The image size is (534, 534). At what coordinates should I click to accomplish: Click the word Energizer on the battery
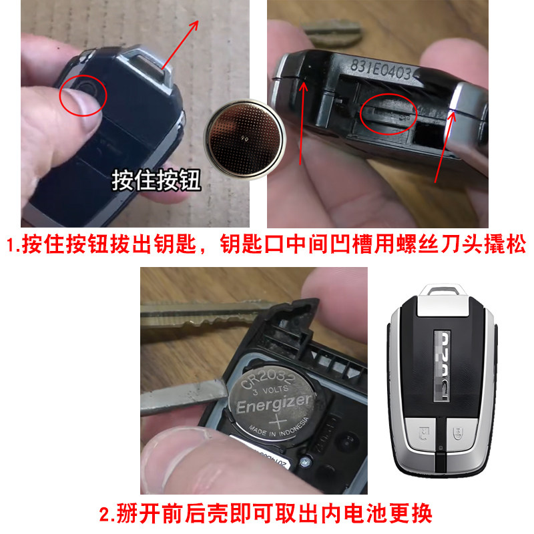pos(274,405)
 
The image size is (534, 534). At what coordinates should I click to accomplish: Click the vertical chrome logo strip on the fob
pos(442,364)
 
